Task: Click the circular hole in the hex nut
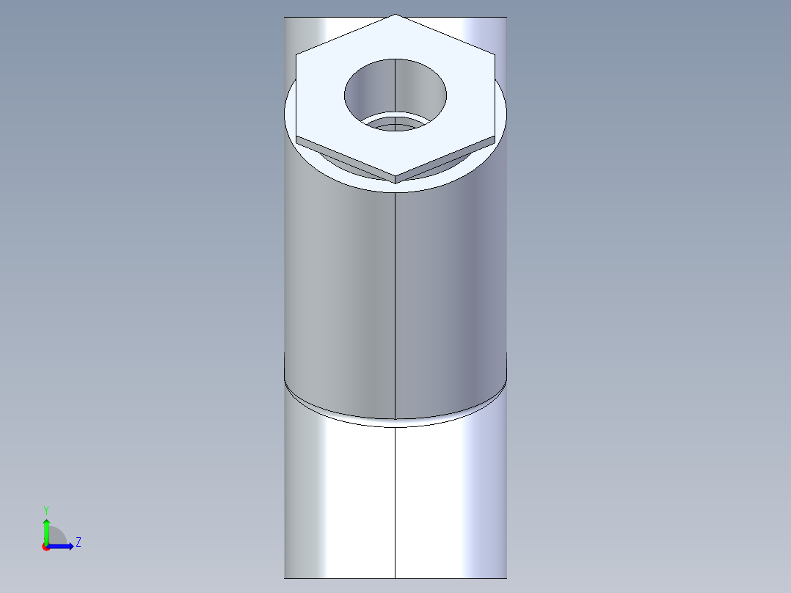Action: tap(395, 92)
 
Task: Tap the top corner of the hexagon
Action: tap(395, 15)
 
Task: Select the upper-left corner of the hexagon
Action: tap(297, 54)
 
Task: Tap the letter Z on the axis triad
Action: tap(78, 542)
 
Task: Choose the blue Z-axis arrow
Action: tap(63, 546)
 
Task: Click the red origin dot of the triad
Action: tap(45, 547)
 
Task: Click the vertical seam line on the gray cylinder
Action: tap(395, 294)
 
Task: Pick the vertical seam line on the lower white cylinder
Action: tap(395, 506)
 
